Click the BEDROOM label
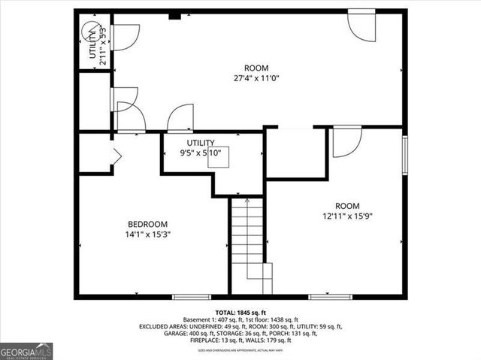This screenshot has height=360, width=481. [147, 224]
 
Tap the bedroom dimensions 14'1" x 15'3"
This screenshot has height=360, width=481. [147, 234]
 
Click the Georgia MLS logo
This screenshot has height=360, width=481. [26, 351]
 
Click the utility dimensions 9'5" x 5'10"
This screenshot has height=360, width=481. [201, 153]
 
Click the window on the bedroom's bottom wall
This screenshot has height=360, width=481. [191, 297]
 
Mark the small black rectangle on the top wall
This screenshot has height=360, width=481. [174, 14]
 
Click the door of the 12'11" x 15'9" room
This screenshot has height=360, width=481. [346, 141]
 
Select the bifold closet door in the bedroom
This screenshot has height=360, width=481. [115, 156]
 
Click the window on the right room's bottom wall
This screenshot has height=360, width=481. [330, 297]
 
